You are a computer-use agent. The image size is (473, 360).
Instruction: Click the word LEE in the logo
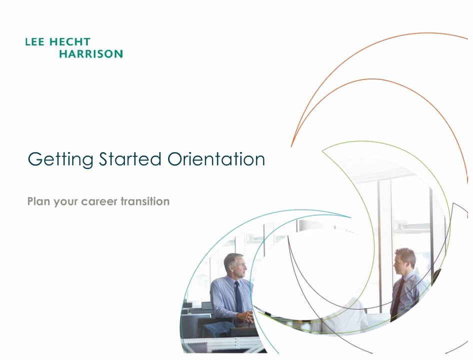34,42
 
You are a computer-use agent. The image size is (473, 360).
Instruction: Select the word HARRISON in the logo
90,53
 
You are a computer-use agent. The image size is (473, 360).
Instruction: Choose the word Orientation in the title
216,159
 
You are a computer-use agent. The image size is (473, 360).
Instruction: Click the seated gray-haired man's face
239,266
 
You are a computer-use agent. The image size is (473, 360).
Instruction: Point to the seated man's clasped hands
245,316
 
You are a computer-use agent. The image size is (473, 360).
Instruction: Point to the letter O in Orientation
175,159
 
